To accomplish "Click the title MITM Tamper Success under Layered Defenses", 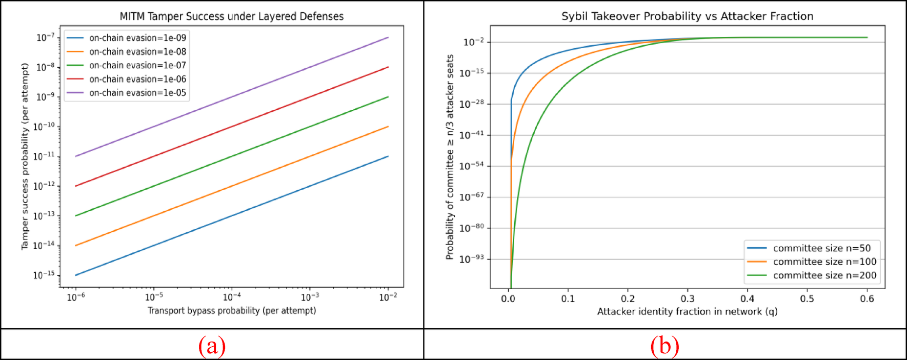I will [232, 16].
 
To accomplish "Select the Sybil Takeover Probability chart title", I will [687, 16].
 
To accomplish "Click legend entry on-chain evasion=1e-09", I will [137, 38].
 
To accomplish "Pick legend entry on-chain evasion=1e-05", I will [137, 93].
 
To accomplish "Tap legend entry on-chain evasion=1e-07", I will [137, 66].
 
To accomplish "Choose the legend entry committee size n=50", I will [821, 248].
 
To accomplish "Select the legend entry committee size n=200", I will [824, 275].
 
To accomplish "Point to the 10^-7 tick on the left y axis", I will [45, 37].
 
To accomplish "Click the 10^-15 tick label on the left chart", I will [44, 275].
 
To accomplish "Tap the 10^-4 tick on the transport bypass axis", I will [232, 297].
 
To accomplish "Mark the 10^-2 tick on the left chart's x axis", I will [388, 297].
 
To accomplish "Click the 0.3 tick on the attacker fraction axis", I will [688, 299].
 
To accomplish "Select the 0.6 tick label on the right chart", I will [867, 299].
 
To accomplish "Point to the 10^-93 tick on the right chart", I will [471, 258].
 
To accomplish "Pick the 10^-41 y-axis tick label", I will [471, 135].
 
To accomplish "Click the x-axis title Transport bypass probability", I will [232, 311].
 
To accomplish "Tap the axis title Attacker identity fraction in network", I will [687, 312].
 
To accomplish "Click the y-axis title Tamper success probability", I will [25, 156].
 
